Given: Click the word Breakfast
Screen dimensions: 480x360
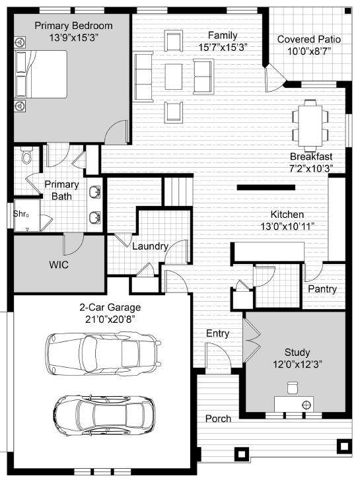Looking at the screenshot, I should (x=310, y=156).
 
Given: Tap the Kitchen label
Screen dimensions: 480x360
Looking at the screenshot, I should (x=287, y=215).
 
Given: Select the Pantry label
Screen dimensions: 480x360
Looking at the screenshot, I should (x=322, y=289).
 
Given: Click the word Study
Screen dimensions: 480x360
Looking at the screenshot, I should (x=297, y=353).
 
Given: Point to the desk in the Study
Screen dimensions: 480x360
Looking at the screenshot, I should (x=294, y=403).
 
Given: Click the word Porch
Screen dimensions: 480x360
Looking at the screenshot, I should (x=218, y=419).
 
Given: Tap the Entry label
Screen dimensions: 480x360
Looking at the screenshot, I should (x=218, y=333).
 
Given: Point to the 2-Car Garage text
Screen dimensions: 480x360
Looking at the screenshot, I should (x=110, y=308).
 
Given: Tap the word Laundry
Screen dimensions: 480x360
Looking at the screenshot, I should (x=150, y=247).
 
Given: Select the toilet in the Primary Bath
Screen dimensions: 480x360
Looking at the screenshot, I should (x=27, y=156).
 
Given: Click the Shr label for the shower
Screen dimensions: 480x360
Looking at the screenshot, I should (x=20, y=213).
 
